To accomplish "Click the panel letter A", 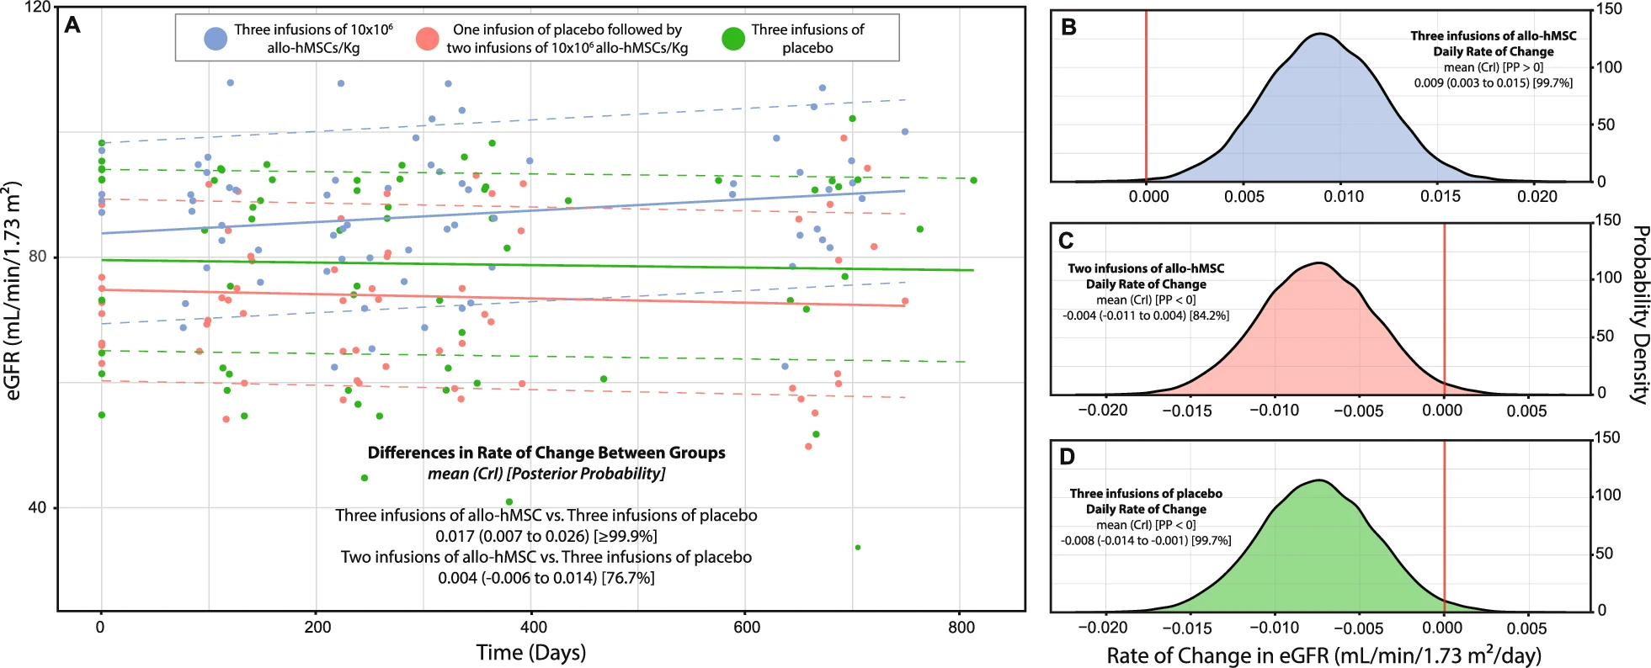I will [73, 25].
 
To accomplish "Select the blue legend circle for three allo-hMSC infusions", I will [216, 39].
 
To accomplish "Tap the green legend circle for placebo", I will [733, 39].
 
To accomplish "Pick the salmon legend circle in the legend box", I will [429, 39].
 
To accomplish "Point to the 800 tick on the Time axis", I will [961, 628].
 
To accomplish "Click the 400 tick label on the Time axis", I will [533, 628].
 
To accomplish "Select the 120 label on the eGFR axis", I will [37, 8].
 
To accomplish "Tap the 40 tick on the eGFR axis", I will [37, 507].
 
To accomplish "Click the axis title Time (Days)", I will [530, 653].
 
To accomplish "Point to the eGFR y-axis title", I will [13, 290].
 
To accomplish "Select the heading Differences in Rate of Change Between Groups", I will [546, 453].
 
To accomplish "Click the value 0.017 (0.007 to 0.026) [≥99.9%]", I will [546, 536].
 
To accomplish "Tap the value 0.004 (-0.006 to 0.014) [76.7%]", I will [546, 578].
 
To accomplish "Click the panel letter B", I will [1068, 27].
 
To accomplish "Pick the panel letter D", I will [1067, 457].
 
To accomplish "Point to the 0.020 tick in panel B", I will [1537, 196].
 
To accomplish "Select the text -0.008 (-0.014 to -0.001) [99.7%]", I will [1146, 541].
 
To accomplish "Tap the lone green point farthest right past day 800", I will [973, 180].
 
